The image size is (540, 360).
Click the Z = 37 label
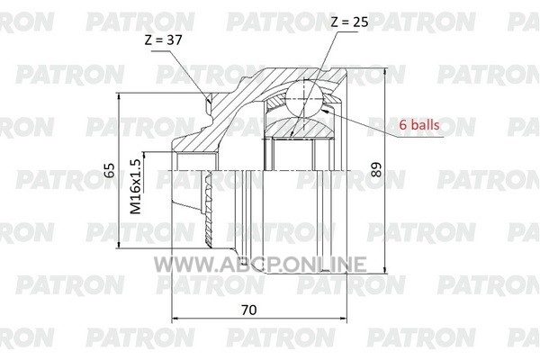point(163,40)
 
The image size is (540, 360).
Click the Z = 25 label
point(349,22)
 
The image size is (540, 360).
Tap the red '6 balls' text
point(419,124)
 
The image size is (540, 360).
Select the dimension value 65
point(110,169)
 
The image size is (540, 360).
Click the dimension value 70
point(249,310)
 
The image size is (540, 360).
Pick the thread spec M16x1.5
point(135,186)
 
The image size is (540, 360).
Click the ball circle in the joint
point(304,98)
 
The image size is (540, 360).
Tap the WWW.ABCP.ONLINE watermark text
point(260,265)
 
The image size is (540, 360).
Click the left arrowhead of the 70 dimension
point(175,319)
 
